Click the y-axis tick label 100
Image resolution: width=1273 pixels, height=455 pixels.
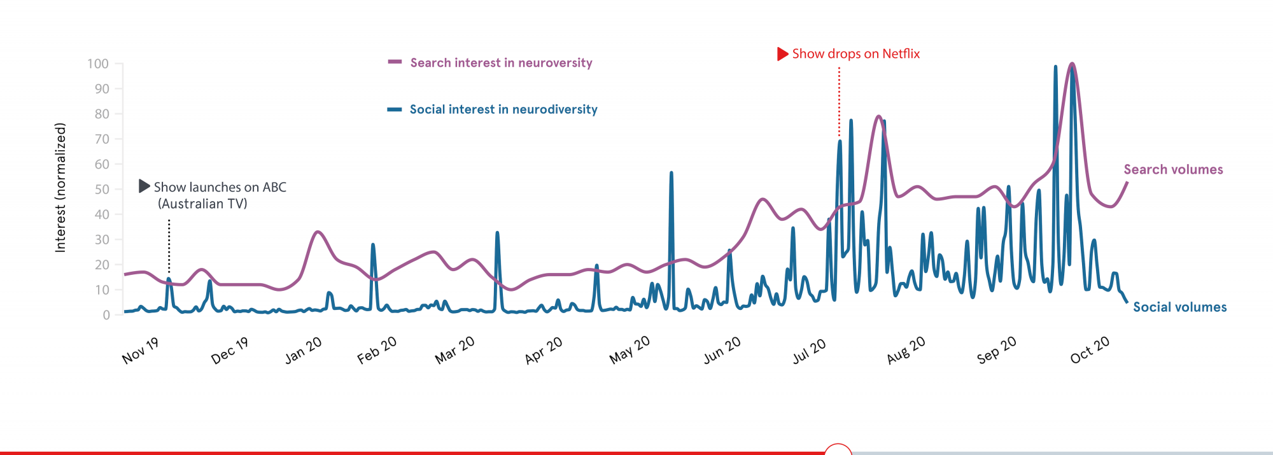[x=98, y=64]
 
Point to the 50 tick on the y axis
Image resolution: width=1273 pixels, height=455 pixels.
[x=102, y=189]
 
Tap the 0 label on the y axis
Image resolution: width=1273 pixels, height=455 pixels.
[x=106, y=315]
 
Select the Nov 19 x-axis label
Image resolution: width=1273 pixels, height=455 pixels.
[x=140, y=351]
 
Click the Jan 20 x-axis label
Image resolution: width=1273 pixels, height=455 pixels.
[x=303, y=351]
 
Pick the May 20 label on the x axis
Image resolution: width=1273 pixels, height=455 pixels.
[x=629, y=350]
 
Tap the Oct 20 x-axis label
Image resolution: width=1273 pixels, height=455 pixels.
[x=1090, y=350]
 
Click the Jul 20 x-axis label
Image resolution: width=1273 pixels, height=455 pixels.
[x=809, y=351]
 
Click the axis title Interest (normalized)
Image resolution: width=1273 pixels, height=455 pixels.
[x=60, y=188]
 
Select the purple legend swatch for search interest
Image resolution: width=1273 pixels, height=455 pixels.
[x=395, y=62]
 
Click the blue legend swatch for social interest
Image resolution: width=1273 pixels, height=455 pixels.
[x=395, y=109]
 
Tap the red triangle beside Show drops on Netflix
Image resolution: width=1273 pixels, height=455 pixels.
[x=782, y=54]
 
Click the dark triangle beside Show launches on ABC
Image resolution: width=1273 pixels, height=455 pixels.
[x=144, y=186]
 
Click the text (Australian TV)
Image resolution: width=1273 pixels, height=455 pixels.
[x=202, y=204]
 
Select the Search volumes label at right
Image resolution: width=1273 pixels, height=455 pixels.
[x=1173, y=169]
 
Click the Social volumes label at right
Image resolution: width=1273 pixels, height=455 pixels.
[x=1179, y=307]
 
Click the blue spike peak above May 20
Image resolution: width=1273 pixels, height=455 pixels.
[x=671, y=172]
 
